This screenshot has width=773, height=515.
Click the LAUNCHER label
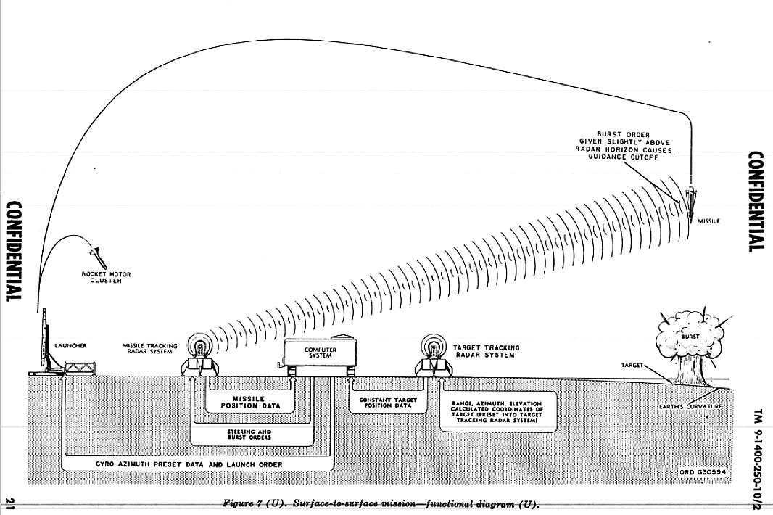point(71,346)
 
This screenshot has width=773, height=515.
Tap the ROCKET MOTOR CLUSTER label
point(107,278)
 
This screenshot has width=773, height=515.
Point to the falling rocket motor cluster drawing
point(96,255)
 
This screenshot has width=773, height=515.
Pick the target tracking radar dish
point(434,344)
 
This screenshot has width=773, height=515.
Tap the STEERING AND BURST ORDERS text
point(251,434)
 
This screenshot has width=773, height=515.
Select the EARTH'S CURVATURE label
point(695,407)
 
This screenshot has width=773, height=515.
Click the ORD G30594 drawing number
point(703,472)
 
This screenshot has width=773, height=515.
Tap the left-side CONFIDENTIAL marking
point(14,251)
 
